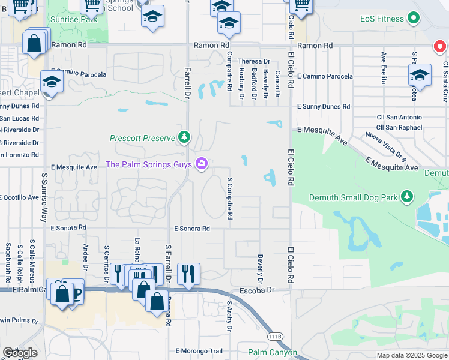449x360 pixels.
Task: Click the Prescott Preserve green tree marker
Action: coord(184,138)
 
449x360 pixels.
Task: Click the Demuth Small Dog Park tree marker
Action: coord(408,197)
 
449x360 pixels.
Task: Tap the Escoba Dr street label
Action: coord(257,290)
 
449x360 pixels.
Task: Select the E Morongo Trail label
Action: coord(199,351)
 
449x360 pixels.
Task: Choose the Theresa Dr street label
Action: coord(254,61)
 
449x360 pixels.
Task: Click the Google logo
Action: coord(20,353)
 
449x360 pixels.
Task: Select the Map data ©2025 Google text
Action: coord(411,355)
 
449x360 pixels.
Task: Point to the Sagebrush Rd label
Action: coord(8,262)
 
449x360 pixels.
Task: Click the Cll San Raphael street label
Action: coord(399,127)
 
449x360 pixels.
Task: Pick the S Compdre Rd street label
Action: coord(229,197)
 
